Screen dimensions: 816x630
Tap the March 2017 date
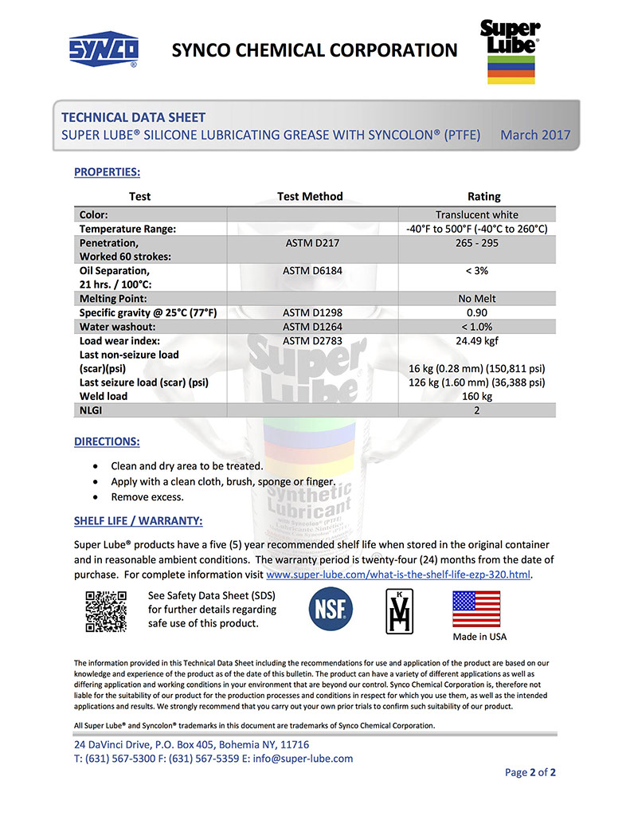click(x=535, y=135)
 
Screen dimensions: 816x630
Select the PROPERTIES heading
click(x=107, y=172)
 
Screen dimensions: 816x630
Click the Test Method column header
click(x=310, y=196)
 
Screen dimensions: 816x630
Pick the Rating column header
click(x=483, y=196)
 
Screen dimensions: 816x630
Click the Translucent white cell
click(x=476, y=214)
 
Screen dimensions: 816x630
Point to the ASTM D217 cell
click(x=312, y=242)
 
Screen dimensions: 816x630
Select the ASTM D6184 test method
click(x=312, y=270)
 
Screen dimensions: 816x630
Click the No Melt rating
click(x=476, y=298)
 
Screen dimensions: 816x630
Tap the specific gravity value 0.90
click(x=476, y=312)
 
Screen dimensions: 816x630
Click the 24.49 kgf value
click(x=476, y=340)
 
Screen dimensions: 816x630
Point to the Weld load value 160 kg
click(x=476, y=396)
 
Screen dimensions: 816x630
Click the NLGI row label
click(x=93, y=410)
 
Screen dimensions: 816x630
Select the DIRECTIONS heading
click(x=107, y=441)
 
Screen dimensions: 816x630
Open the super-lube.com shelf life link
click(x=398, y=574)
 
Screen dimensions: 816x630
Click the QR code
click(x=106, y=611)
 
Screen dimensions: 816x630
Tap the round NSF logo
click(x=331, y=611)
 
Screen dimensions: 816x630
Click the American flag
click(x=476, y=610)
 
